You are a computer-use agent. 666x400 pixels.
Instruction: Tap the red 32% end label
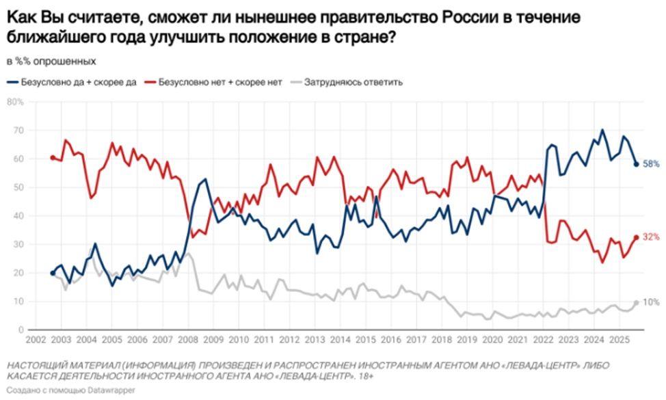point(650,237)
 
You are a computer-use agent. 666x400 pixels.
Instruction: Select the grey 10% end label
point(650,302)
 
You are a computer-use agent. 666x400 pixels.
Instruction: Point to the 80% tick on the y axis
point(15,101)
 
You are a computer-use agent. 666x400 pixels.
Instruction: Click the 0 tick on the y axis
point(21,330)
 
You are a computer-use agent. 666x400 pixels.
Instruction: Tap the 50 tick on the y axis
point(19,187)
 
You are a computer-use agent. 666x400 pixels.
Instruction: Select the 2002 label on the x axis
point(38,340)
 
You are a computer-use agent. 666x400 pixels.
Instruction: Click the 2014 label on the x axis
point(338,340)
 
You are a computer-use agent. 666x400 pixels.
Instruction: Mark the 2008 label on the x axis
point(188,340)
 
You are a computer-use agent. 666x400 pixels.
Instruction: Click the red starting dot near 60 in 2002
point(53,158)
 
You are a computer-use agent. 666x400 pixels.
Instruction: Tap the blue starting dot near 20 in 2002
point(53,273)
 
